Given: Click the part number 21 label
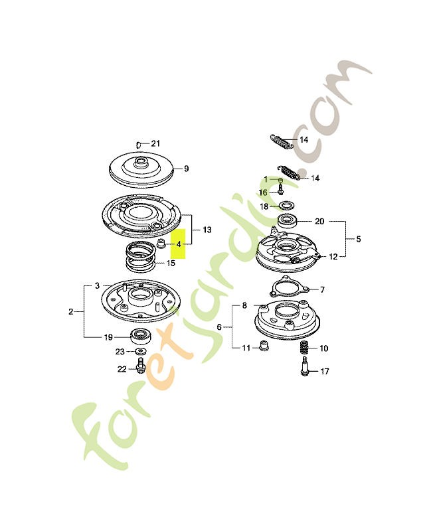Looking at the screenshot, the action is [x=155, y=143].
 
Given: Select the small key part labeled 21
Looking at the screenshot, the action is [x=138, y=145].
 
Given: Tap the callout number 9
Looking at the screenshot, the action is [x=186, y=169].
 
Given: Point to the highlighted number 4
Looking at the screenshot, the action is [x=179, y=244].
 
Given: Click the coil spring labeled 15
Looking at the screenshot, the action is [x=141, y=256].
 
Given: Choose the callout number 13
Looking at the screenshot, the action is [x=207, y=230].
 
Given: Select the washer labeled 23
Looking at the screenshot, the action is [x=141, y=351].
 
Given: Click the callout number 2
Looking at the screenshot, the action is [x=70, y=311].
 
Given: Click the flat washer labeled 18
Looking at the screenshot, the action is [x=287, y=205].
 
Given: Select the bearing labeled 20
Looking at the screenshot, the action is [x=288, y=221].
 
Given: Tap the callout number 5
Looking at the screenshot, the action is [x=358, y=239].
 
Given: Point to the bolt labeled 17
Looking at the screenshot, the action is [x=305, y=366].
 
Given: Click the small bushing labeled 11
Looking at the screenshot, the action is [x=264, y=346].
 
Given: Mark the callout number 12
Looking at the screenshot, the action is [x=333, y=257].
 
